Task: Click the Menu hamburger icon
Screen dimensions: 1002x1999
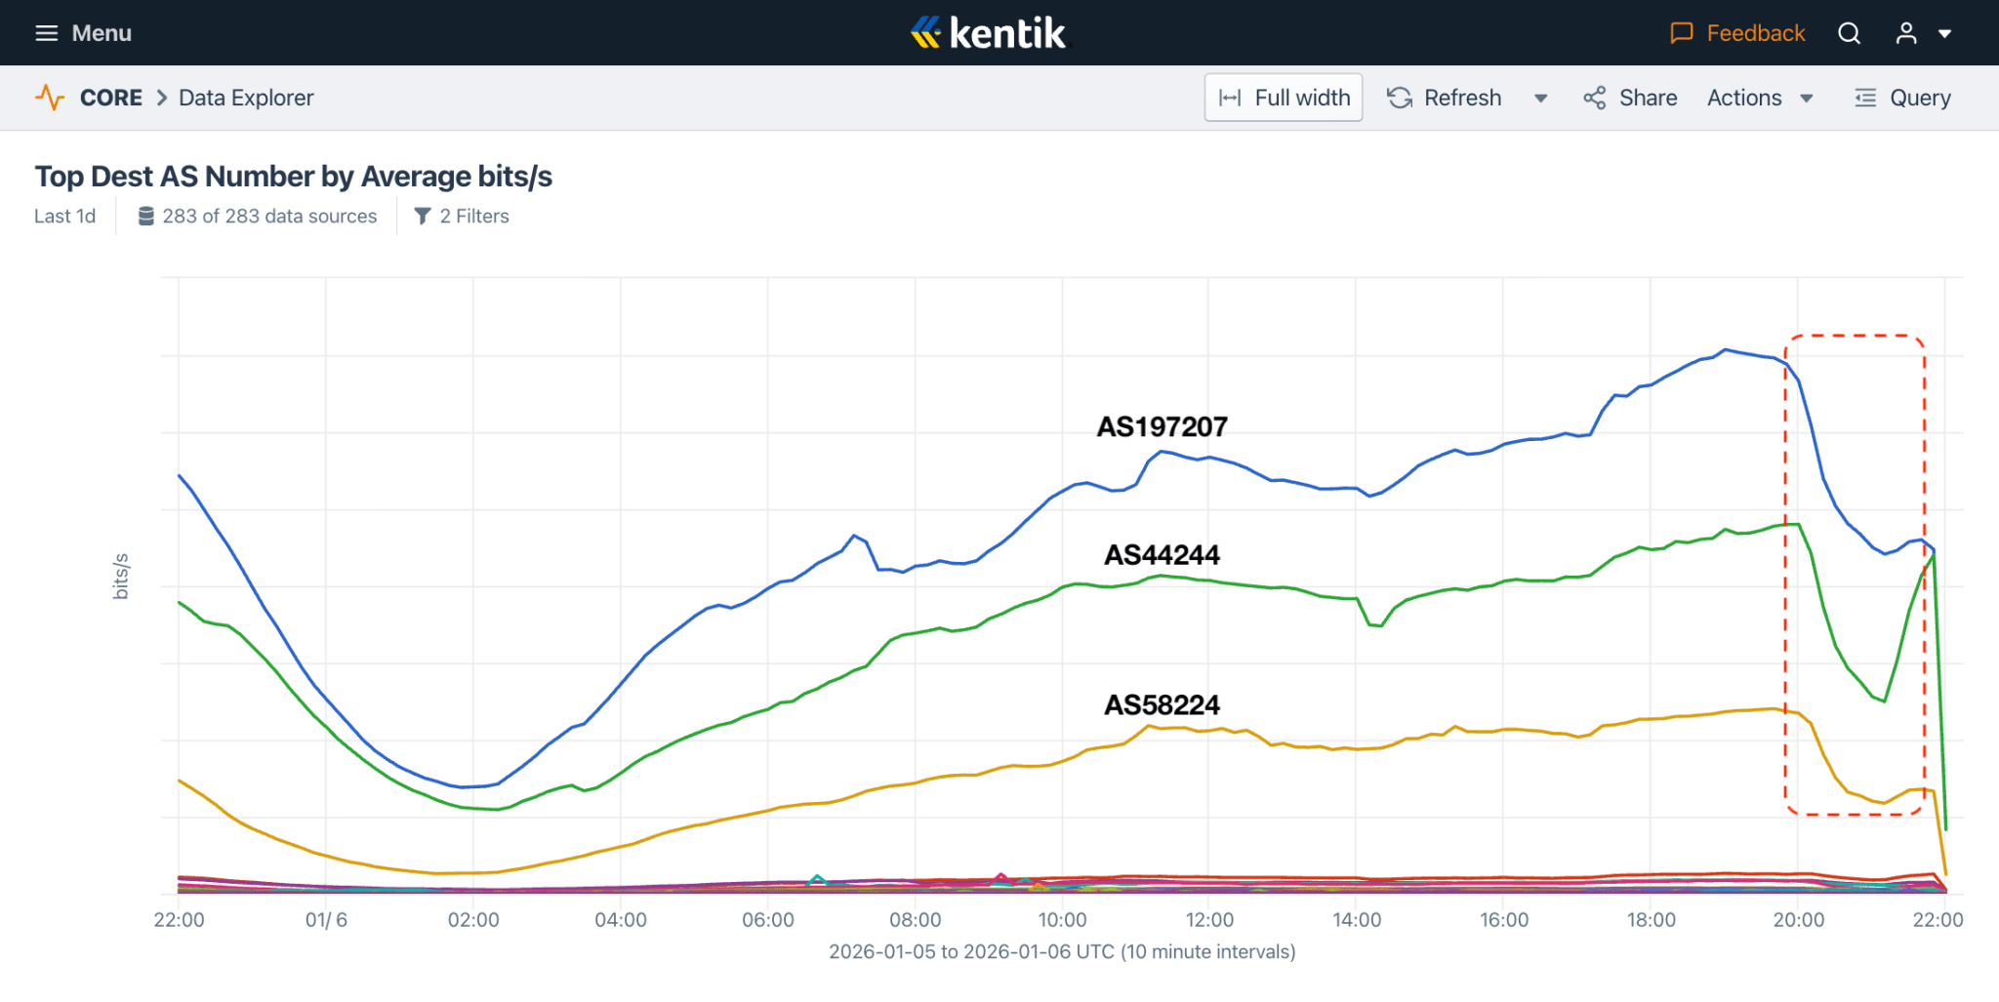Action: (46, 33)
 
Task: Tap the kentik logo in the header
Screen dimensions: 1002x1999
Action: (990, 33)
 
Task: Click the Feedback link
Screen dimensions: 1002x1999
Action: (1737, 33)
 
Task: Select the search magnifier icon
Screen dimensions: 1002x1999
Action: (1849, 33)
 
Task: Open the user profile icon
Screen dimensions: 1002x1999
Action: (1906, 33)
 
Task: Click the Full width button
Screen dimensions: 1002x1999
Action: (1283, 98)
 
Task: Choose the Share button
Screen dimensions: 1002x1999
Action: (1630, 98)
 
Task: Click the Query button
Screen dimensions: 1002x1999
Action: (1902, 98)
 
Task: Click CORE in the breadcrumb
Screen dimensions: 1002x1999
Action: (111, 98)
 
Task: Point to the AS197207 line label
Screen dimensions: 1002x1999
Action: (1162, 426)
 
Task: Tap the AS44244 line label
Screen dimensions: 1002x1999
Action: (1162, 555)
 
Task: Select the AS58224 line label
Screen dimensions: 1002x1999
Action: (1162, 704)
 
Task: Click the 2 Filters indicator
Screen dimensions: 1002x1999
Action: (462, 217)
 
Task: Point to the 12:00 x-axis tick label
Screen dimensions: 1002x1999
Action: (1209, 920)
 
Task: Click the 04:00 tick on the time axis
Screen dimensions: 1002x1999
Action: (621, 920)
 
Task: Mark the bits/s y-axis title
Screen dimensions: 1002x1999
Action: (121, 576)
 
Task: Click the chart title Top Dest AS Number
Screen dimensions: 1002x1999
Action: (293, 177)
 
